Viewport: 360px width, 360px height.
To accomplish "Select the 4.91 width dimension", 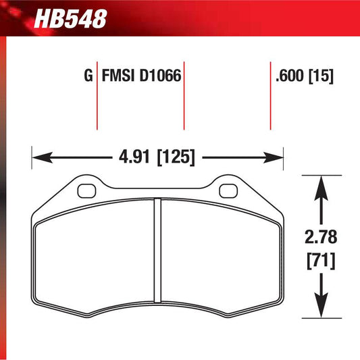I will [x=131, y=158].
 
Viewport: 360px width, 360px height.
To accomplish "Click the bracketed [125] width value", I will [x=176, y=158].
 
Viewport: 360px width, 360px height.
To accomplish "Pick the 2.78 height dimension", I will [x=321, y=238].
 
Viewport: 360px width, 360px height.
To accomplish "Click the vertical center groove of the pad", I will [x=157, y=257].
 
